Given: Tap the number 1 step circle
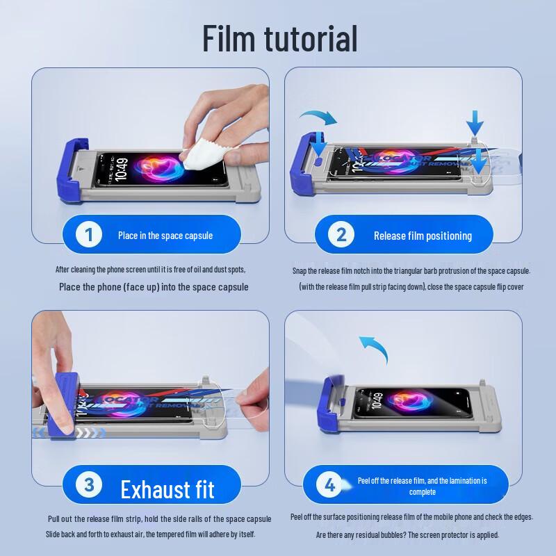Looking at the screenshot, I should point(88,234).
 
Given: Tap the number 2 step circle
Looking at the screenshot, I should point(341,234).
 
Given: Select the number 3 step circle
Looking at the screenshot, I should point(88,484).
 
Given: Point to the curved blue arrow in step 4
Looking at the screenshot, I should point(372,347).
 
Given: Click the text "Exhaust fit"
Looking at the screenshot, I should point(167,489).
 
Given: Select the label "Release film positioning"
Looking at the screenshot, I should point(423,236).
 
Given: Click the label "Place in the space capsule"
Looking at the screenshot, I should point(165,236).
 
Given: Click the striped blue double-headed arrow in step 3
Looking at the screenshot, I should point(69,432).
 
